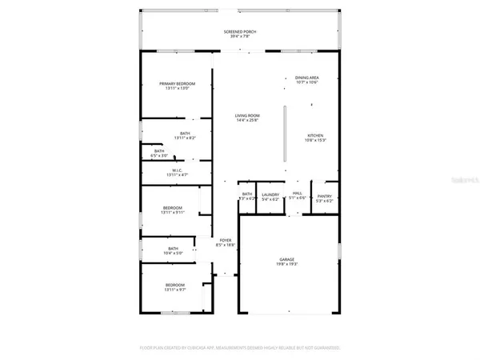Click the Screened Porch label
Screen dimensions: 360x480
click(239, 32)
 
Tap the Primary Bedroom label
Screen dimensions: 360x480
click(178, 84)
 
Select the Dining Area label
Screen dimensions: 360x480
click(307, 78)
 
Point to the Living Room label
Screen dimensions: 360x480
click(246, 116)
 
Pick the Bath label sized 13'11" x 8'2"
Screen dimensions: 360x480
click(185, 134)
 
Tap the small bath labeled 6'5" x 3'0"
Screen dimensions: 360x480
click(159, 151)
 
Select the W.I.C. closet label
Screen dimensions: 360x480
click(177, 170)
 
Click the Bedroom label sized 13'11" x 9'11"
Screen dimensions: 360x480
click(174, 207)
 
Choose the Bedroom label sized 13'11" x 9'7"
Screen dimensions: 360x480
click(174, 285)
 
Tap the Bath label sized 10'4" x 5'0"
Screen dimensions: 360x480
click(174, 250)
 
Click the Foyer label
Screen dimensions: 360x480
click(226, 240)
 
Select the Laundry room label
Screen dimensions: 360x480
click(270, 194)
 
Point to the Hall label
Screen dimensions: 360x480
click(297, 194)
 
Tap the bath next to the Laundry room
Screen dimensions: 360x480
click(247, 194)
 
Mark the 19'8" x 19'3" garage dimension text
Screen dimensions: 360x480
click(286, 264)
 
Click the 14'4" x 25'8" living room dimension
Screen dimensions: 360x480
click(246, 121)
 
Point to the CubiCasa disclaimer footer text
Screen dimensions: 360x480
click(239, 348)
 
